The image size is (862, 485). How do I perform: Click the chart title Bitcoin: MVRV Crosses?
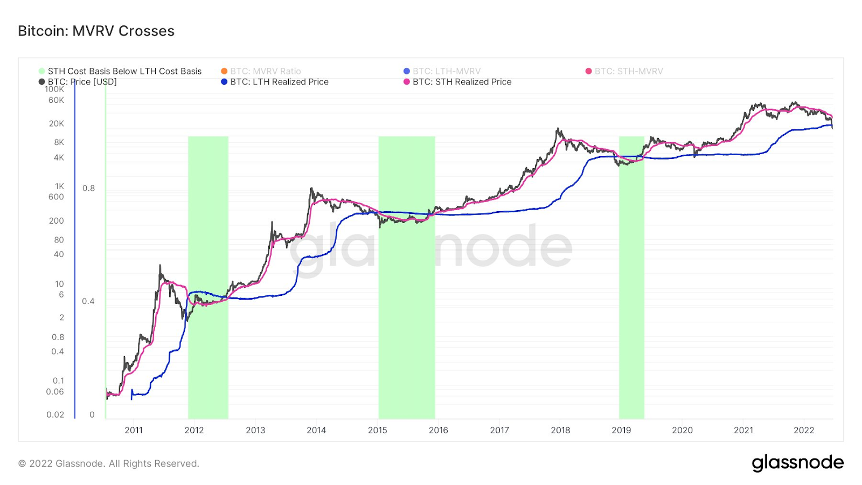[x=96, y=31]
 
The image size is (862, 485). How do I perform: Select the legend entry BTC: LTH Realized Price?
[x=279, y=82]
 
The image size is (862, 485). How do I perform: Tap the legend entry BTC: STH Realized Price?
[x=461, y=82]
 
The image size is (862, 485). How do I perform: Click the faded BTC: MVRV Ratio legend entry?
[x=265, y=71]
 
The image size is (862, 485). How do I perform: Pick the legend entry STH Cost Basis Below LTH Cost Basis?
[x=124, y=71]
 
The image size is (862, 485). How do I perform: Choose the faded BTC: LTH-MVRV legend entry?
[x=446, y=71]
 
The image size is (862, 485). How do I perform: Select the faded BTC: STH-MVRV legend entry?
[x=628, y=71]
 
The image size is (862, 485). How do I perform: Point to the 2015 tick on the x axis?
[x=377, y=430]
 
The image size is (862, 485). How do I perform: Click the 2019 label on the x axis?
[x=621, y=430]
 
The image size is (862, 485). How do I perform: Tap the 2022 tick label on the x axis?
[x=804, y=430]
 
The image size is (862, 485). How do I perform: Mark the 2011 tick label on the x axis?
[x=134, y=430]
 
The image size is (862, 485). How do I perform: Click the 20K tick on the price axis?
[x=57, y=123]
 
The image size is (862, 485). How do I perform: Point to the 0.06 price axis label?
[x=55, y=392]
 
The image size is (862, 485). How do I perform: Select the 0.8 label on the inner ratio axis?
[x=88, y=188]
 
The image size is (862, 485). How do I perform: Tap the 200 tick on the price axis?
[x=57, y=221]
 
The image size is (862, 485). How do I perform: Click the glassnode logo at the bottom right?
[x=797, y=463]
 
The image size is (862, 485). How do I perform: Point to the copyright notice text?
[x=109, y=463]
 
